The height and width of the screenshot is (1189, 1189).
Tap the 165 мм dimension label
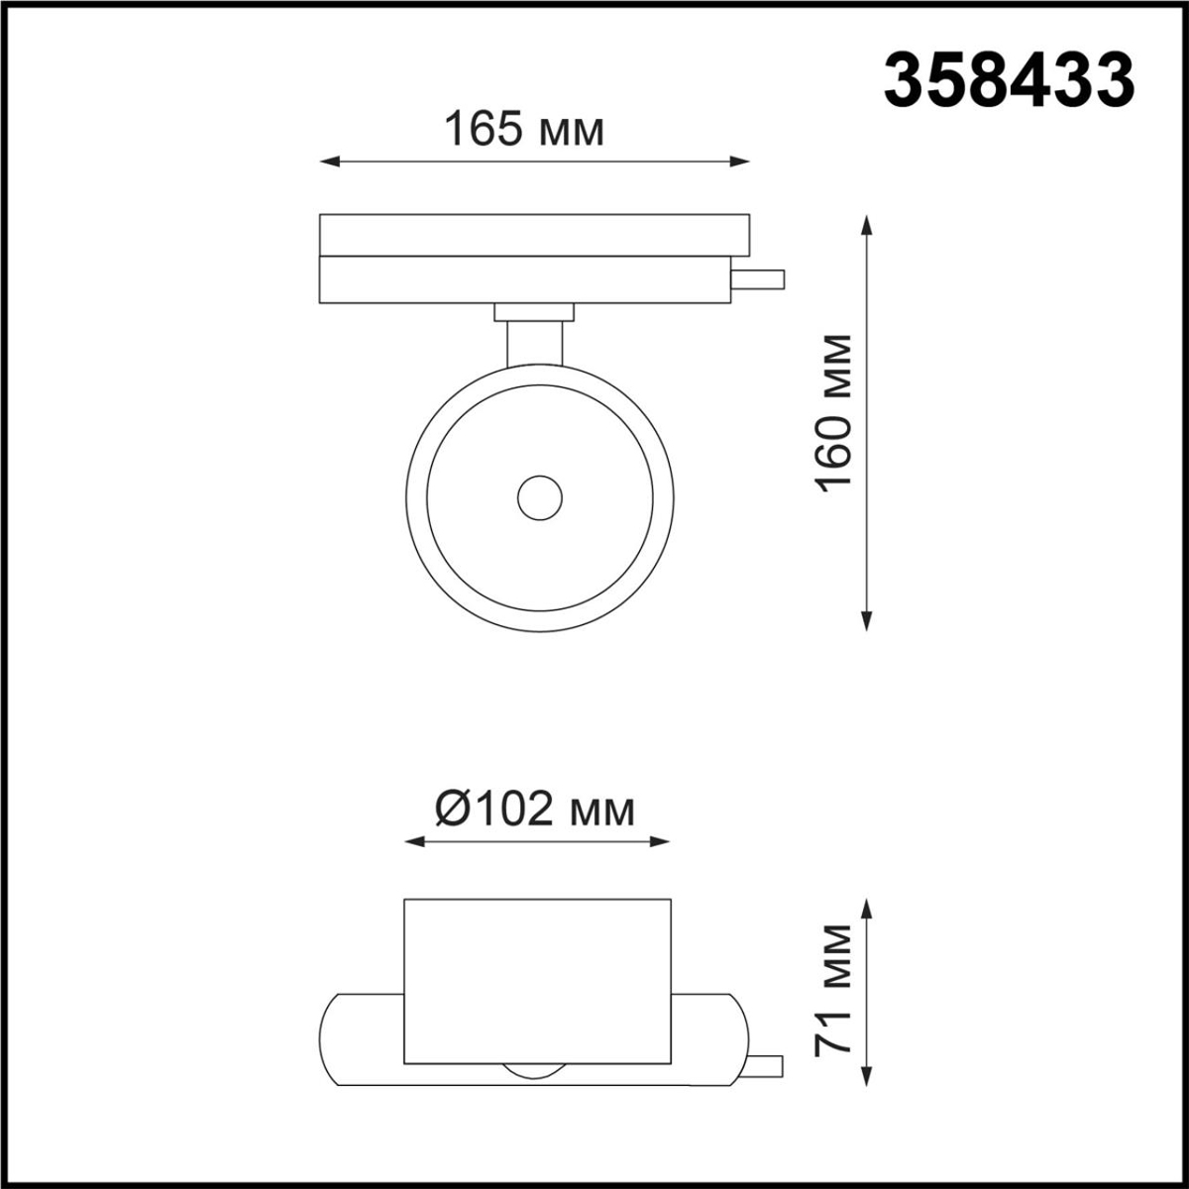(x=523, y=130)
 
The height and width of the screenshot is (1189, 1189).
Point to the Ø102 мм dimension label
(x=534, y=811)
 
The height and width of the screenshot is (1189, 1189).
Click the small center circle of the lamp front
(x=540, y=496)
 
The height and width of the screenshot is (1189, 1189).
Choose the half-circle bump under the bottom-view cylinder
(x=536, y=1071)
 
